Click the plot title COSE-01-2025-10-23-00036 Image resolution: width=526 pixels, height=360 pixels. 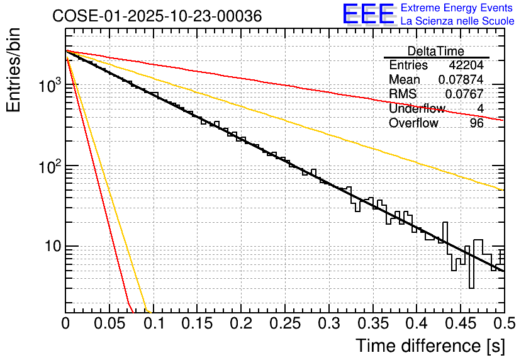click(x=157, y=16)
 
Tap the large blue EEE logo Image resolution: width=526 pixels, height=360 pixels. click(x=368, y=14)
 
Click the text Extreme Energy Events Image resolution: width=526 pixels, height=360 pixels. click(x=457, y=8)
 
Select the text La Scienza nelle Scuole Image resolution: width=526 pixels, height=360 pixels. click(x=457, y=21)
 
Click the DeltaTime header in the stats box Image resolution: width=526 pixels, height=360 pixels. click(x=436, y=51)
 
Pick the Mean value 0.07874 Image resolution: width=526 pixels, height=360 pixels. click(x=461, y=80)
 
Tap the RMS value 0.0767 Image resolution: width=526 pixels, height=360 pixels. click(x=464, y=94)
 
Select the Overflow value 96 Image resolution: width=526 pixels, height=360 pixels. click(x=476, y=123)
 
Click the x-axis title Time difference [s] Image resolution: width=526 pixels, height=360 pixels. click(x=430, y=346)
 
